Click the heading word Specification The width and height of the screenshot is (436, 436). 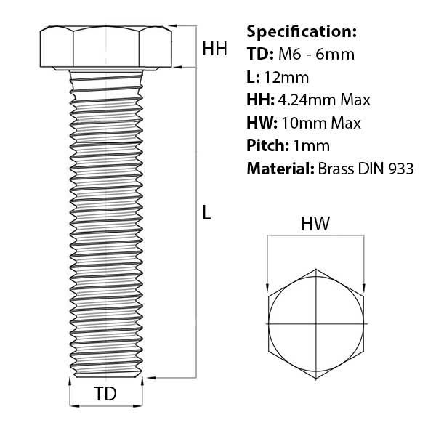(302, 32)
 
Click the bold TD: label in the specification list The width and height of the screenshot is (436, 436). (261, 54)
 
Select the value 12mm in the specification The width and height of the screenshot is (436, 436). (286, 77)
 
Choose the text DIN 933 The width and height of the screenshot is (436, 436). (386, 169)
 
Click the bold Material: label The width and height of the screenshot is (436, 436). (280, 169)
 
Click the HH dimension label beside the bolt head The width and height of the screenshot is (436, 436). (214, 49)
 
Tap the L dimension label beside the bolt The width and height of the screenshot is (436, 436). (206, 212)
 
